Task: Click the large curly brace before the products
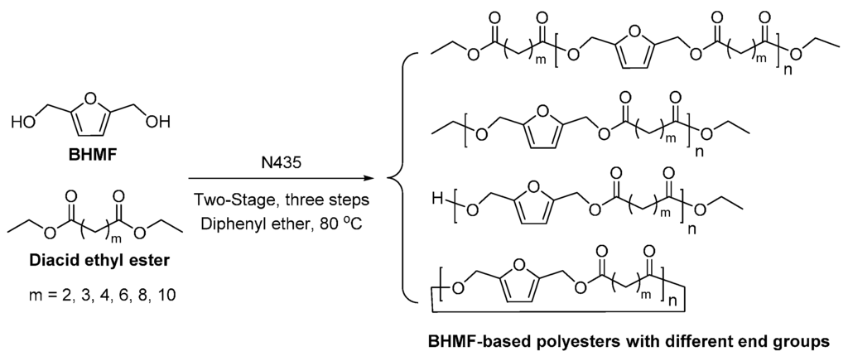[x=397, y=177]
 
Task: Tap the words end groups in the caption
[x=787, y=341]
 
